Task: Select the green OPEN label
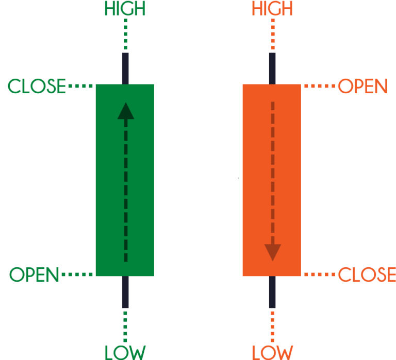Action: [x=35, y=275]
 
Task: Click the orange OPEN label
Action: [x=362, y=87]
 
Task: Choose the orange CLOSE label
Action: [x=366, y=275]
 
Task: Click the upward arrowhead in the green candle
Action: [x=125, y=111]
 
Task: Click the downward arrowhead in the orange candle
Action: [x=272, y=251]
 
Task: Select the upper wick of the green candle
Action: [x=125, y=67]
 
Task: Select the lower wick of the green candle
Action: [x=125, y=292]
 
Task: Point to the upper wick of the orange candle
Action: [x=272, y=67]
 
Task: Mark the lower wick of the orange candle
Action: [x=272, y=292]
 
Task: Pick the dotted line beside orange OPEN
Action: [x=319, y=87]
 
